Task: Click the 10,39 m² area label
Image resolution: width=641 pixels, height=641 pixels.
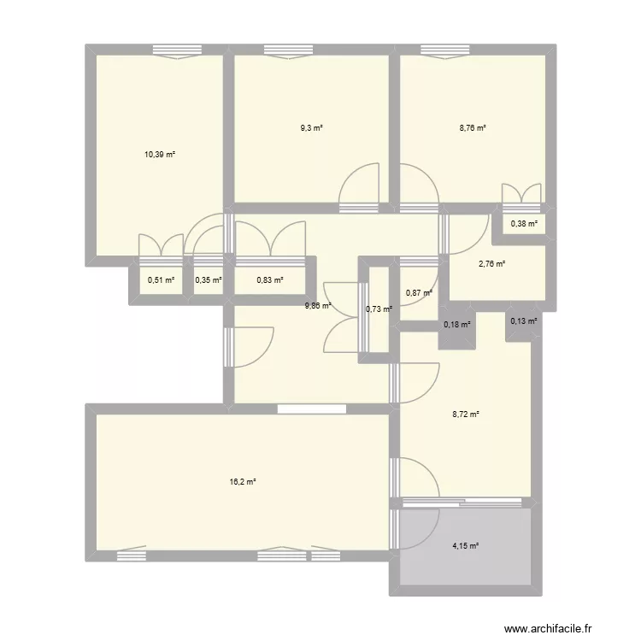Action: click(160, 155)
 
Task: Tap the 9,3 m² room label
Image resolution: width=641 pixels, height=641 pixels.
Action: click(311, 128)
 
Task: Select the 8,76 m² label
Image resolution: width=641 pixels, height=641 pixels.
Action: click(473, 128)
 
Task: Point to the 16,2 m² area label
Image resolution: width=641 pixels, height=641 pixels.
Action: click(244, 482)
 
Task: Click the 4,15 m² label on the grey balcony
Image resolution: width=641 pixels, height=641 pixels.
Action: click(466, 546)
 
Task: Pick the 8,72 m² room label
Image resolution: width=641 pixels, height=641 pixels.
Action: click(466, 415)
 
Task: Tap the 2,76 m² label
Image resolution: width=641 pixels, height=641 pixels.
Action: click(492, 264)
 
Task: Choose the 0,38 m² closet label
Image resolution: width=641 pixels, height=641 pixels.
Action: click(524, 224)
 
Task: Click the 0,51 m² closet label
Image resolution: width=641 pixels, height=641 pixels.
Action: click(161, 279)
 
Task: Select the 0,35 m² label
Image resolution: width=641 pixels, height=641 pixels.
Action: click(209, 279)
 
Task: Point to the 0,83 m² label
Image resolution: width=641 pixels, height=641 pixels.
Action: click(270, 279)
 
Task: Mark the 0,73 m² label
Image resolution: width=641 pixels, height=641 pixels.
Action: click(378, 309)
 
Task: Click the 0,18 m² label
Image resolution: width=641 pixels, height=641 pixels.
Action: click(456, 324)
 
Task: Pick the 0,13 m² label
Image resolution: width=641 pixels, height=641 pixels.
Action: click(524, 321)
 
